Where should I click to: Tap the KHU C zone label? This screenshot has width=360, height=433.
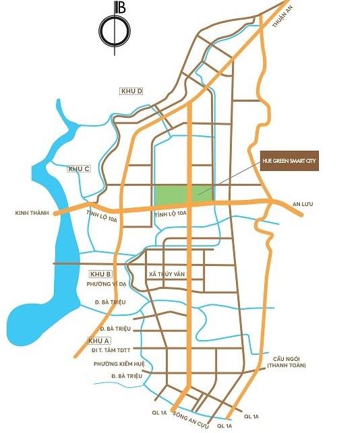tap(79, 168)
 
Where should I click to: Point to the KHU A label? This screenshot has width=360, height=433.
tap(99, 341)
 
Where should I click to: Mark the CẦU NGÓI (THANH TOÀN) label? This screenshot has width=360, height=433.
tap(287, 361)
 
